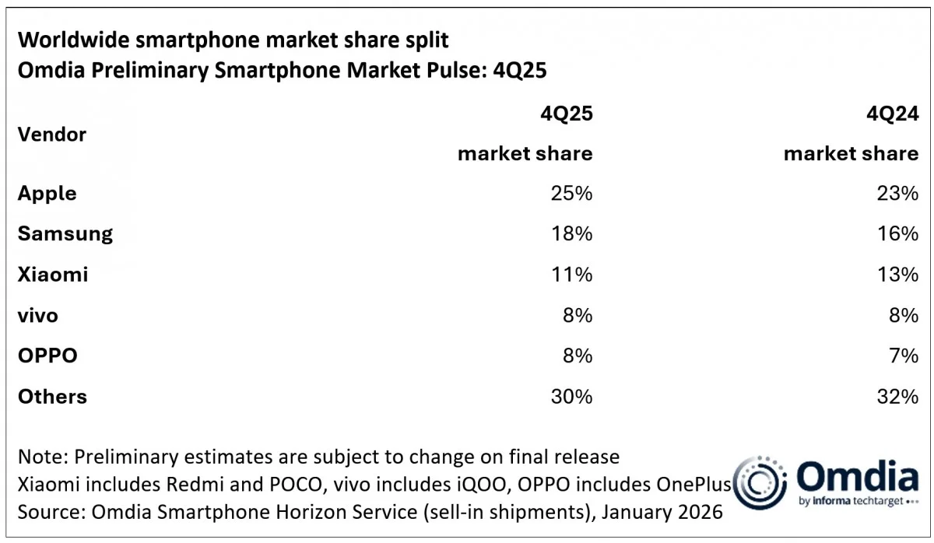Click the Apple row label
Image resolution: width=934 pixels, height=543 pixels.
(47, 194)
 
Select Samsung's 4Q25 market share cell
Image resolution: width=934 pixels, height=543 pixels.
(571, 234)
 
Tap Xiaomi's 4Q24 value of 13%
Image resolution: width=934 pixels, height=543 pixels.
(897, 275)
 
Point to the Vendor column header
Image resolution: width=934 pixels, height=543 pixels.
(52, 134)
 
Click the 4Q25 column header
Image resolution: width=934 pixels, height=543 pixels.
(567, 114)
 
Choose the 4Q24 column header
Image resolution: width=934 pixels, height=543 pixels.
(893, 114)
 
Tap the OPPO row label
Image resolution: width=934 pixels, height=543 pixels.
(47, 356)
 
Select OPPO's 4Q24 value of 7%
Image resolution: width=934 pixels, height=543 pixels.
(903, 356)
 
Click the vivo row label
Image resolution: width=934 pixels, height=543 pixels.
(38, 316)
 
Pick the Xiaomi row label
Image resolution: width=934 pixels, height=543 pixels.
(53, 275)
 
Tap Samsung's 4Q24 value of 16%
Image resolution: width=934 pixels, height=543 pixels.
(897, 234)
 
